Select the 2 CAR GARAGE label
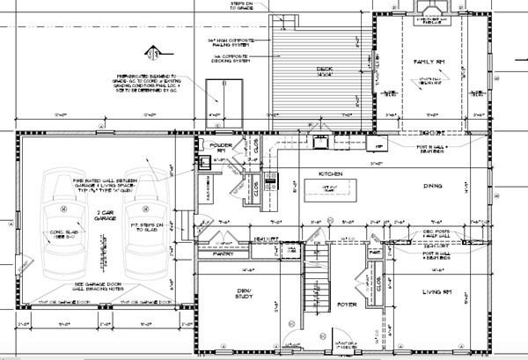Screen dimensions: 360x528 (104, 216)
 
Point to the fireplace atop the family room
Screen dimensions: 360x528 (431, 10)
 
